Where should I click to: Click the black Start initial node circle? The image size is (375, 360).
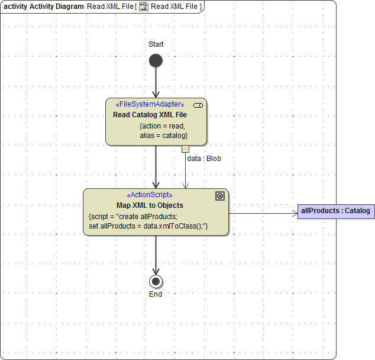pyautogui.click(x=156, y=60)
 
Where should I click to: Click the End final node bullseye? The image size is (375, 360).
pyautogui.click(x=156, y=281)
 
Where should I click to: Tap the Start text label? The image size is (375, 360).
pyautogui.click(x=156, y=44)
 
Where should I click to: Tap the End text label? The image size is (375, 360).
pyautogui.click(x=156, y=294)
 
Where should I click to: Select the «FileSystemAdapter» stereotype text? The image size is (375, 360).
pyautogui.click(x=150, y=105)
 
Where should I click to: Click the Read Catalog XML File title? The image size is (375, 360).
pyautogui.click(x=150, y=115)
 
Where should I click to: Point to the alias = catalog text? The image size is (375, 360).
pyautogui.click(x=163, y=136)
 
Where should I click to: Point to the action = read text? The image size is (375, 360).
pyautogui.click(x=162, y=126)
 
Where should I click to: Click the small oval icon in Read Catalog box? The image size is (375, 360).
pyautogui.click(x=198, y=105)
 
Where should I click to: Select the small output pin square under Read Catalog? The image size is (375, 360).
pyautogui.click(x=185, y=149)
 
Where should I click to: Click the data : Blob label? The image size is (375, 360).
pyautogui.click(x=204, y=159)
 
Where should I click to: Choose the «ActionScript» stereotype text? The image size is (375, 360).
pyautogui.click(x=150, y=195)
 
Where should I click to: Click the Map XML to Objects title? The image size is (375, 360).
pyautogui.click(x=150, y=205)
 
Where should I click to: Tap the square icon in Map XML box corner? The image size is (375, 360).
pyautogui.click(x=220, y=196)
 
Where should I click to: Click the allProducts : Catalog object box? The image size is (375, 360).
pyautogui.click(x=335, y=211)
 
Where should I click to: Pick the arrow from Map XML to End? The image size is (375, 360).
pyautogui.click(x=156, y=255)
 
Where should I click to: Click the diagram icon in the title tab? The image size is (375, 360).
pyautogui.click(x=143, y=7)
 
